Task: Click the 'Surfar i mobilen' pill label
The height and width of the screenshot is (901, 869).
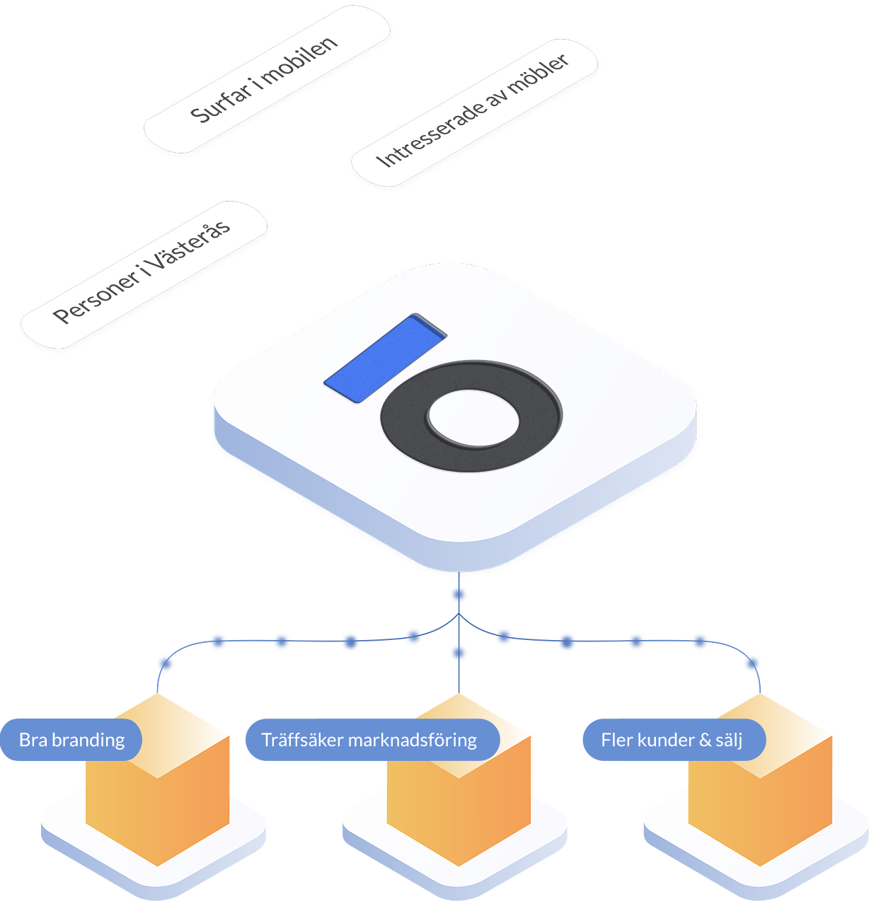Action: point(266,79)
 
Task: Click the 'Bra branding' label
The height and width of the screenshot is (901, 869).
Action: point(71,740)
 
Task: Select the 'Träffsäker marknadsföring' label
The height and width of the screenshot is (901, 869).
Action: point(369,740)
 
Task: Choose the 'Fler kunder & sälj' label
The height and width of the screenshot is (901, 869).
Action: point(671,740)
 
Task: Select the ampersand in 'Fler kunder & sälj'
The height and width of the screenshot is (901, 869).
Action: point(705,740)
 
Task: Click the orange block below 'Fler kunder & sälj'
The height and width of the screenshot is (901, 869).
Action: point(760,813)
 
